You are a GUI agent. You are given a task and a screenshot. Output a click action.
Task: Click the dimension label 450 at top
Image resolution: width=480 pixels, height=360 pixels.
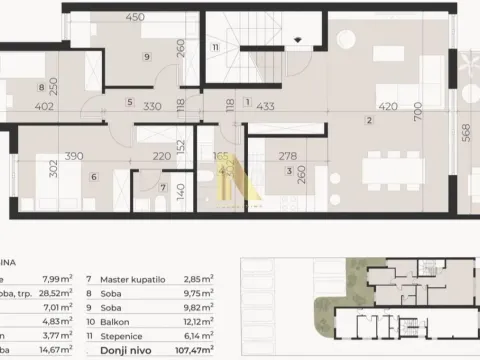pyautogui.click(x=133, y=16)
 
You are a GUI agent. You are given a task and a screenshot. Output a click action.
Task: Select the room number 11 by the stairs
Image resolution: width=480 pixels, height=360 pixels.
pyautogui.click(x=215, y=47)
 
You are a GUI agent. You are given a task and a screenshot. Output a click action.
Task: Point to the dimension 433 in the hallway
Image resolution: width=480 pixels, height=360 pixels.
pyautogui.click(x=265, y=103)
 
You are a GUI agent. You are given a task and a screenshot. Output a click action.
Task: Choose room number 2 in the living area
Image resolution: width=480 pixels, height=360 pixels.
pyautogui.click(x=369, y=121)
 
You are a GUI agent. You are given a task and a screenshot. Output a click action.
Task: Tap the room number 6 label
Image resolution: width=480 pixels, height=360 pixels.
pyautogui.click(x=93, y=177)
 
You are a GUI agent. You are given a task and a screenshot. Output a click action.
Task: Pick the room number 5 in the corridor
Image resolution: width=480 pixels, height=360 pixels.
pyautogui.click(x=128, y=102)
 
